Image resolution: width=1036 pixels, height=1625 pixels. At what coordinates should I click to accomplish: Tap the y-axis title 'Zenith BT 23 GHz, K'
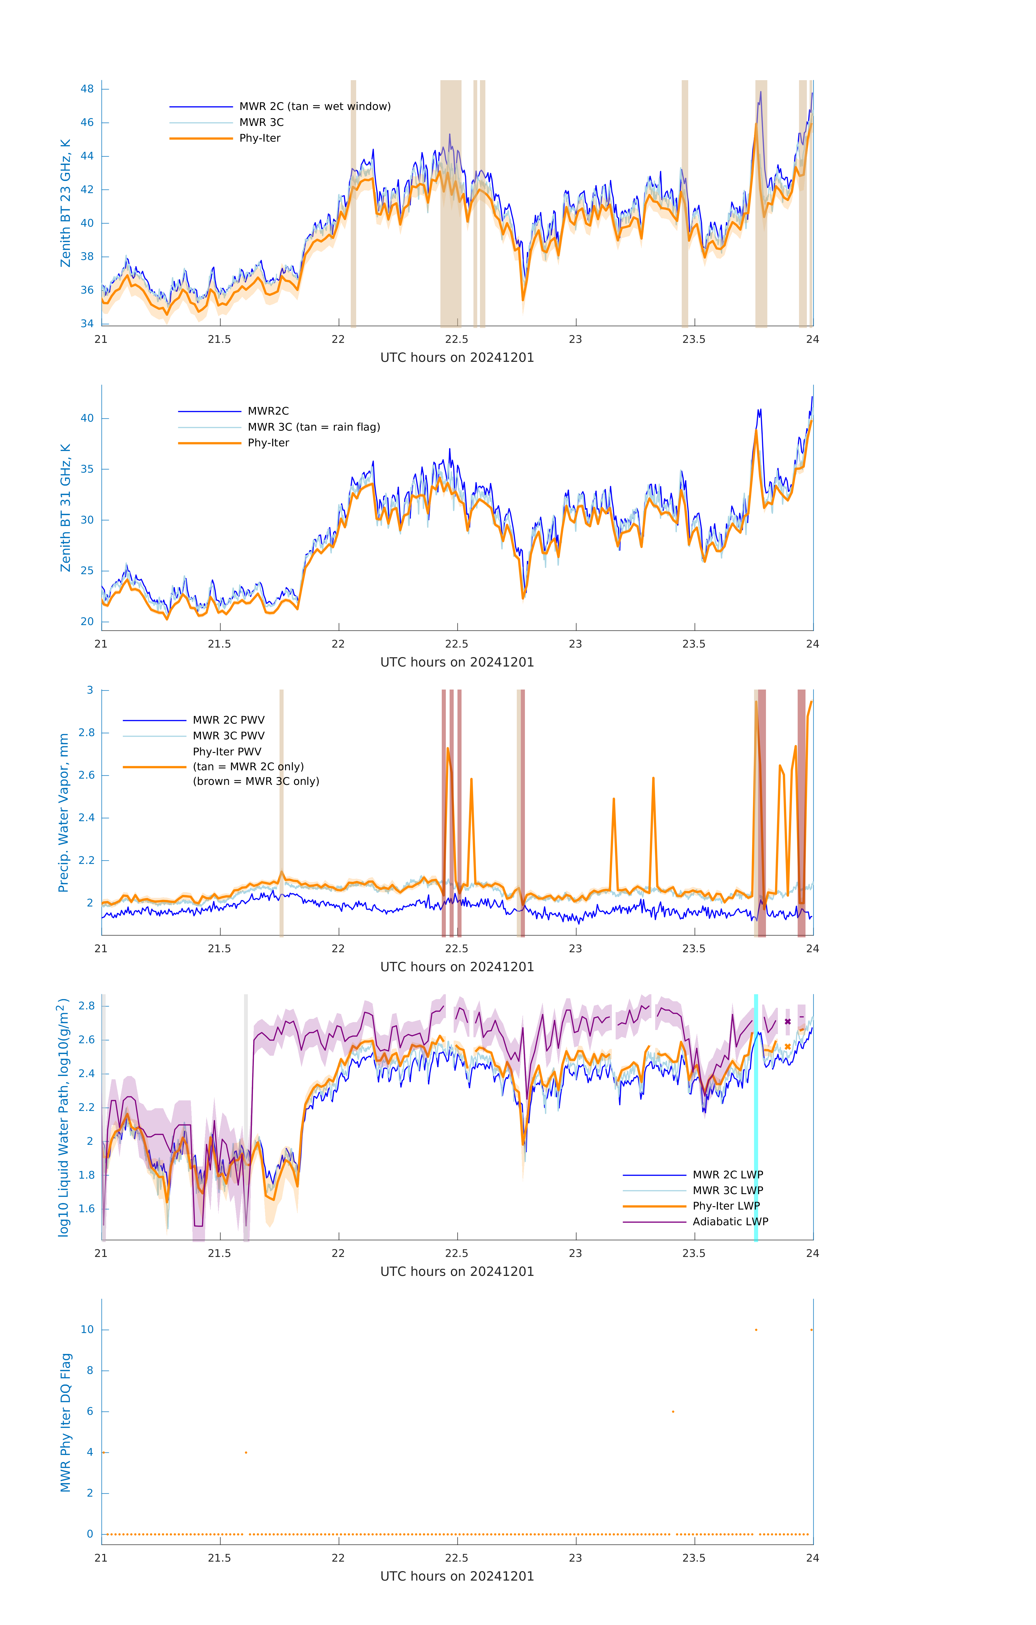66,203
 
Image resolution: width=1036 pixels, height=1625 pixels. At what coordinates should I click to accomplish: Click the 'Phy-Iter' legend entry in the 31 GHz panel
268,443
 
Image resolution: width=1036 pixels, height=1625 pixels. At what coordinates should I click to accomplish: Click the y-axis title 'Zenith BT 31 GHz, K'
66,508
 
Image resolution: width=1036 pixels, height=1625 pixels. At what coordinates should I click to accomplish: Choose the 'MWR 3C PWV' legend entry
228,736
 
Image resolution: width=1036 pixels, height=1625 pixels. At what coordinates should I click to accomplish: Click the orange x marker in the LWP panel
788,1047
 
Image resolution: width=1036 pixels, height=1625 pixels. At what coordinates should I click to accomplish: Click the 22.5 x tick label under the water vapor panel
457,948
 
